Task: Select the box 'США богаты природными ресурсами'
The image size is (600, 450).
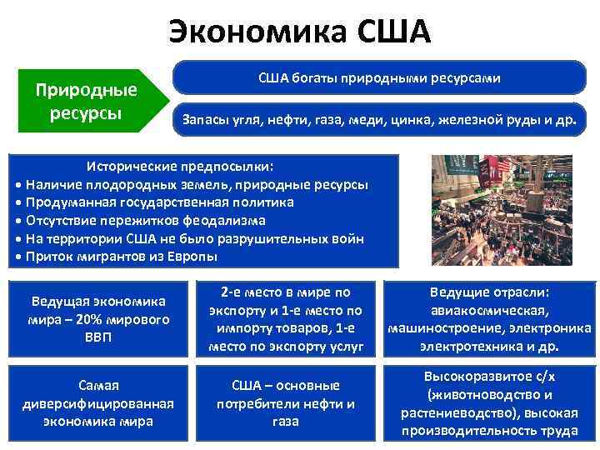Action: click(x=378, y=78)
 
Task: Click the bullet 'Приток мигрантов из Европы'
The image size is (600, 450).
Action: click(x=121, y=257)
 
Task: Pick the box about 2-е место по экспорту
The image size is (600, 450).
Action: click(x=286, y=319)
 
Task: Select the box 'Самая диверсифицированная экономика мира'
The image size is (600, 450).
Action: click(x=98, y=403)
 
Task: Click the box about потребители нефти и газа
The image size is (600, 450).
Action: click(x=286, y=403)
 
